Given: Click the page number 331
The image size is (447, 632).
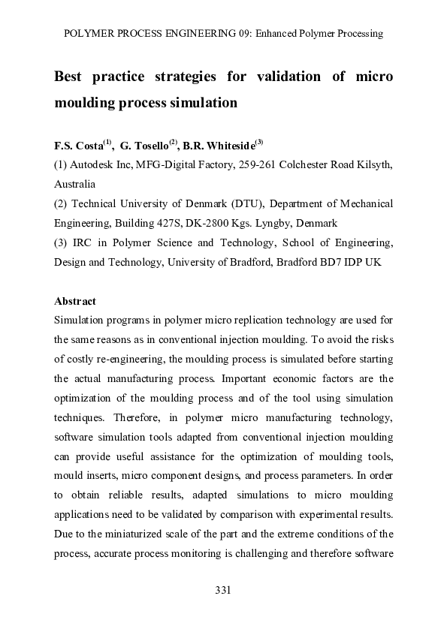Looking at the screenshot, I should coord(222,590).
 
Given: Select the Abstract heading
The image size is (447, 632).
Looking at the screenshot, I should coord(75,301).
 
